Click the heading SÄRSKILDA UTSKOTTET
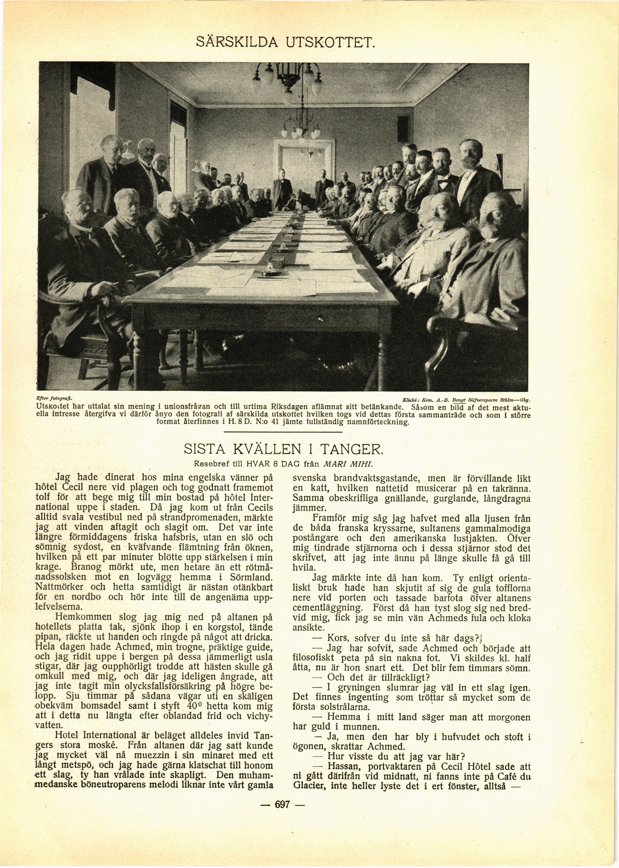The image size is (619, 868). tap(286, 41)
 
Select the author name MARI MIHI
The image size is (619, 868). tap(347, 465)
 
